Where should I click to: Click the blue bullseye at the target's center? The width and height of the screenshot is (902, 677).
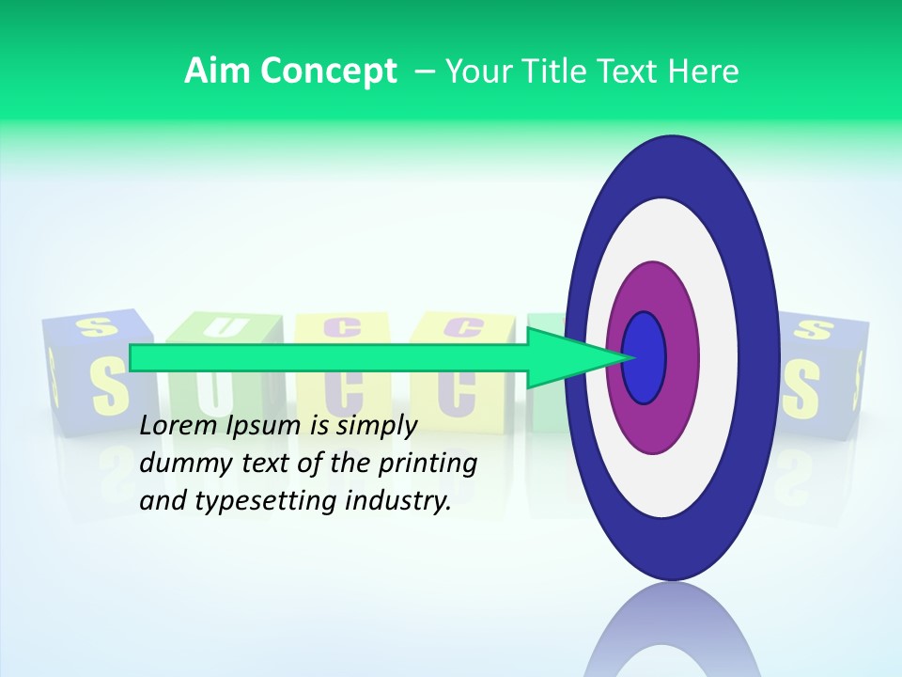(644, 357)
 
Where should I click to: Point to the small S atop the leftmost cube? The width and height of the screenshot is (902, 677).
(96, 326)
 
